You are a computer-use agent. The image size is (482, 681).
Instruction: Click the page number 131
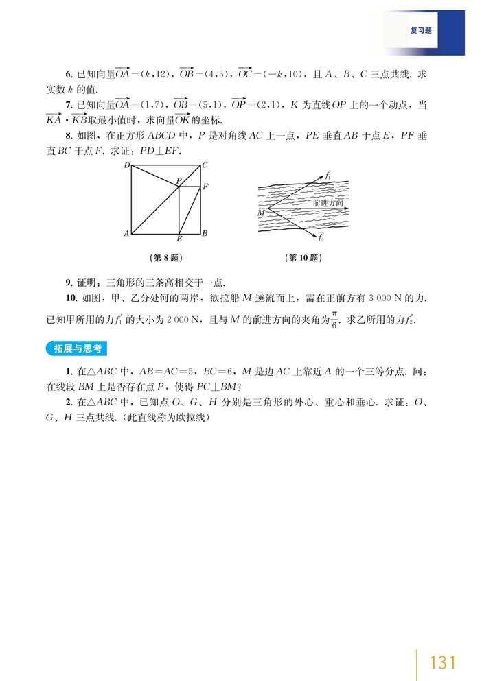[x=442, y=663]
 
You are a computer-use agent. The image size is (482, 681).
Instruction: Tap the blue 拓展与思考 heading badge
[x=78, y=348]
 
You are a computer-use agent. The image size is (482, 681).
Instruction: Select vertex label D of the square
[x=126, y=166]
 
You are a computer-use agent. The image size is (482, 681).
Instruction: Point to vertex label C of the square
[x=205, y=165]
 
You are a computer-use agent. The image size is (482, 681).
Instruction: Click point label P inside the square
[x=177, y=180]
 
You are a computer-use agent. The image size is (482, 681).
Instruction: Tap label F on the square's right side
[x=205, y=186]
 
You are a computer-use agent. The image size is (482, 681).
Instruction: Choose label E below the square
[x=179, y=239]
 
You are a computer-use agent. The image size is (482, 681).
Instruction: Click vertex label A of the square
[x=126, y=234]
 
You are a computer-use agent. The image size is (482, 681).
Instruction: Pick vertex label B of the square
[x=205, y=234]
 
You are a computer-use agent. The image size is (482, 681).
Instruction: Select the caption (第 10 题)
[x=303, y=258]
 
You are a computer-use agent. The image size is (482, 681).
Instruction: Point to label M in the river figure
[x=261, y=213]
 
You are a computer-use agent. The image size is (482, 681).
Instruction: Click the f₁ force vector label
[x=328, y=176]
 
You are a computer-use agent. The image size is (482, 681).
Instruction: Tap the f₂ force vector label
[x=321, y=237]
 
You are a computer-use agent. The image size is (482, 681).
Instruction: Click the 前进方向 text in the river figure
[x=328, y=204]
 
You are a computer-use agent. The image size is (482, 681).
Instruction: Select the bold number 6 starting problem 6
[x=68, y=73]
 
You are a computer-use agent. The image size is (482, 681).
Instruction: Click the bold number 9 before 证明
[x=68, y=282]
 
